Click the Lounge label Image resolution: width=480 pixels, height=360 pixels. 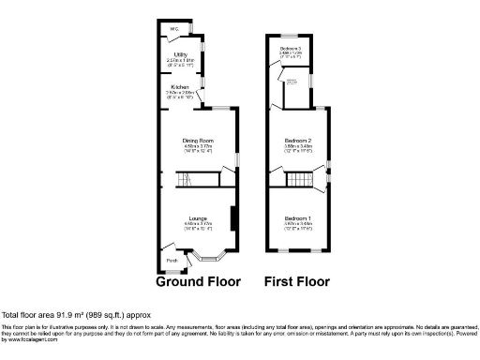198,217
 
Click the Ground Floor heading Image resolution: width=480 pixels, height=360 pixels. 199,281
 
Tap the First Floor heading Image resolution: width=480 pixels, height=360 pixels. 298,281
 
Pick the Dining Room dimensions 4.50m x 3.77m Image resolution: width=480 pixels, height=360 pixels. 198,147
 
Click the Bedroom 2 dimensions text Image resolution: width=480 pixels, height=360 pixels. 298,147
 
